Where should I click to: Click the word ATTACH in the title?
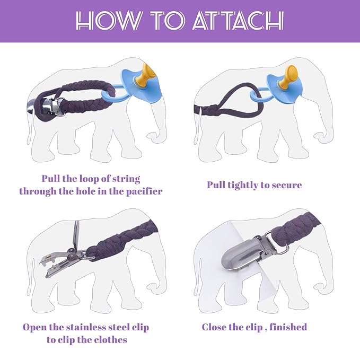point(238,21)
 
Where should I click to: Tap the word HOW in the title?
point(108,21)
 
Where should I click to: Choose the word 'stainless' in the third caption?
point(87,328)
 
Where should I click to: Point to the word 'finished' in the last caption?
point(288,327)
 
